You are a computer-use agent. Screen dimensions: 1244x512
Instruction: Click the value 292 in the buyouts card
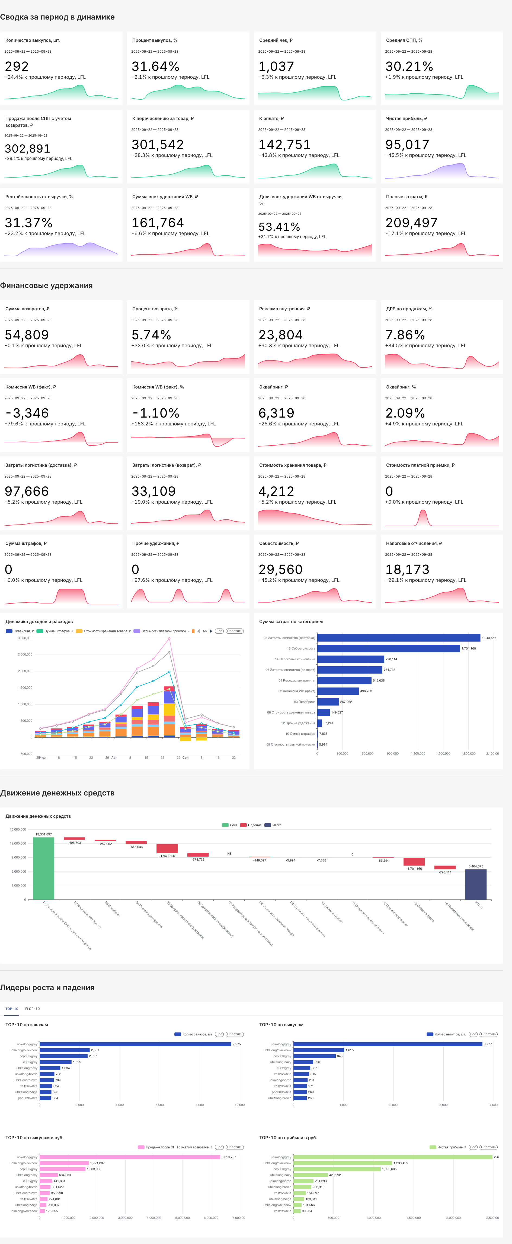17,67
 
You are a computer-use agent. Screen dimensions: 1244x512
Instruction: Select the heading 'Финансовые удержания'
46,285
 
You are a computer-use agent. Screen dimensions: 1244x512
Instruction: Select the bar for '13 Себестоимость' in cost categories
388,649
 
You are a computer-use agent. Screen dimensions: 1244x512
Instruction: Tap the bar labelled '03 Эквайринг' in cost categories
328,702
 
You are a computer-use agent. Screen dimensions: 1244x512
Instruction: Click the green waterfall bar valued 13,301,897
43,868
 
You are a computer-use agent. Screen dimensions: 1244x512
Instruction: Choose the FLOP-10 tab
32,1009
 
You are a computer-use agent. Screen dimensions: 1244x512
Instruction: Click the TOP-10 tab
12,1009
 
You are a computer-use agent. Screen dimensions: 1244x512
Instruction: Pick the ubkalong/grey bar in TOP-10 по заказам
135,1044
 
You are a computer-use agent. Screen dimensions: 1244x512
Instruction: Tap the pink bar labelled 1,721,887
64,1163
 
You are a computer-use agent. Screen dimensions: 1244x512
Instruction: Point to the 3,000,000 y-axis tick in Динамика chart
25,638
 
